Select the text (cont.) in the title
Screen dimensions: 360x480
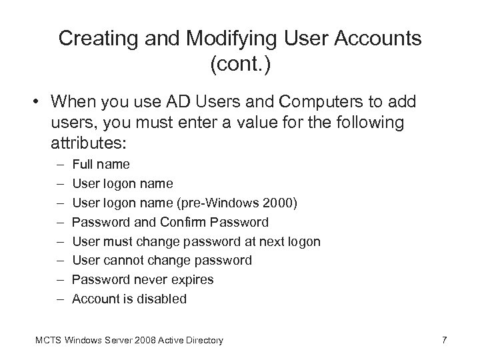(x=240, y=65)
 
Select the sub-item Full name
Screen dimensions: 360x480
(x=101, y=164)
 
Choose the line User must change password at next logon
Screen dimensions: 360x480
(x=196, y=241)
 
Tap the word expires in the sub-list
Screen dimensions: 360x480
(x=190, y=280)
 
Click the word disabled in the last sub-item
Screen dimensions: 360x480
(x=161, y=299)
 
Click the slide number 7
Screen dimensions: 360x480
(x=444, y=341)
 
